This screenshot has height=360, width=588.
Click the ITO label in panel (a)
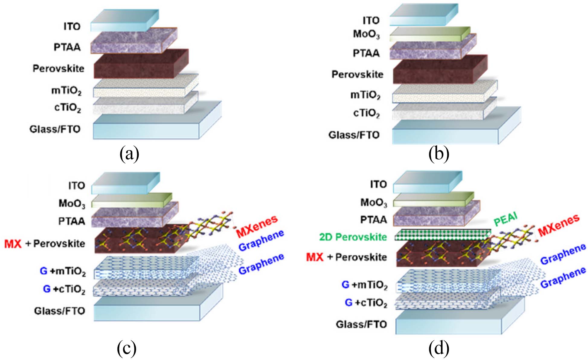72,27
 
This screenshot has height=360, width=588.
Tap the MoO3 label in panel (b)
366,34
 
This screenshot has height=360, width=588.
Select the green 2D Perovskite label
353,237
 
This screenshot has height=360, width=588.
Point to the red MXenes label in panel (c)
257,226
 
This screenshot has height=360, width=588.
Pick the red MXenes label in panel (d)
559,225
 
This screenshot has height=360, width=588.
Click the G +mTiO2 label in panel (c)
63,271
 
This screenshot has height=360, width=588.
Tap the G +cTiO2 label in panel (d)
366,303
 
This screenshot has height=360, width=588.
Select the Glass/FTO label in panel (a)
55,129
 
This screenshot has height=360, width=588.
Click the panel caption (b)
439,154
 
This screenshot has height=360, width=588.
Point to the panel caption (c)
127,348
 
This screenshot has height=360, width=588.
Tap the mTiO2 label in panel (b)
365,95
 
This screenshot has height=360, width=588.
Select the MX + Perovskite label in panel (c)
45,244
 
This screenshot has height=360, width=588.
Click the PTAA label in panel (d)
374,220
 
